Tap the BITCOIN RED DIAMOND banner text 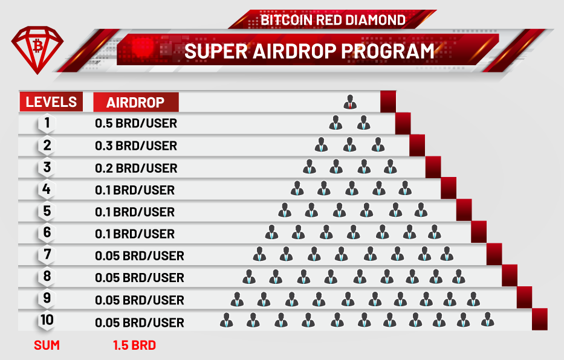pyautogui.click(x=333, y=19)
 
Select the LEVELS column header pyautogui.click(x=51, y=101)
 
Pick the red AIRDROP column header pyautogui.click(x=135, y=102)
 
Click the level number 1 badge pyautogui.click(x=47, y=124)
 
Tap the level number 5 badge pyautogui.click(x=47, y=211)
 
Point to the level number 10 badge pyautogui.click(x=47, y=321)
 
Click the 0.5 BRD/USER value pyautogui.click(x=136, y=124)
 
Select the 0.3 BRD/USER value pyautogui.click(x=136, y=146)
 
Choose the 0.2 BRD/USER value pyautogui.click(x=136, y=168)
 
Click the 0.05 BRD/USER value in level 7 pyautogui.click(x=140, y=256)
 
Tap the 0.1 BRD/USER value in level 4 pyautogui.click(x=135, y=190)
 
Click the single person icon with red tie pyautogui.click(x=350, y=101)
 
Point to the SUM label pyautogui.click(x=47, y=346)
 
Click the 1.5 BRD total pyautogui.click(x=134, y=346)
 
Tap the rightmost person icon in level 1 pyautogui.click(x=363, y=123)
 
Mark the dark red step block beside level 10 pyautogui.click(x=539, y=320)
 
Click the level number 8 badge pyautogui.click(x=47, y=277)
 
